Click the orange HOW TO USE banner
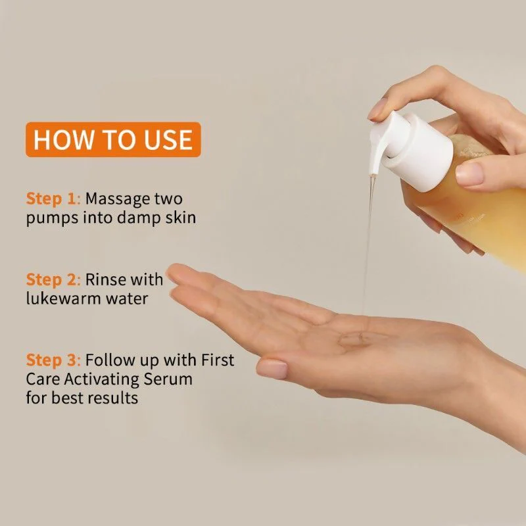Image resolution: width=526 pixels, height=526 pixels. (x=113, y=139)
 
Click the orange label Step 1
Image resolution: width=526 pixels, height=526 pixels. (x=51, y=199)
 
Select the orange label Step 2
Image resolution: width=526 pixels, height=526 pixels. (x=52, y=279)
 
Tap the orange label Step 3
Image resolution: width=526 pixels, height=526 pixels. (x=52, y=360)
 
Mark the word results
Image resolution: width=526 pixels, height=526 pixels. (x=112, y=398)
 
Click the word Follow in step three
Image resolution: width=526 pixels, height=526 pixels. (x=108, y=360)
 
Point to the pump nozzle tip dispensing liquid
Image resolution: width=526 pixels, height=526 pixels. (x=372, y=174)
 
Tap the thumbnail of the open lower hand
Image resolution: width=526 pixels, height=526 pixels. (x=272, y=369)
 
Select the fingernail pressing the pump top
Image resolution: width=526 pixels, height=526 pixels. (x=377, y=109)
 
